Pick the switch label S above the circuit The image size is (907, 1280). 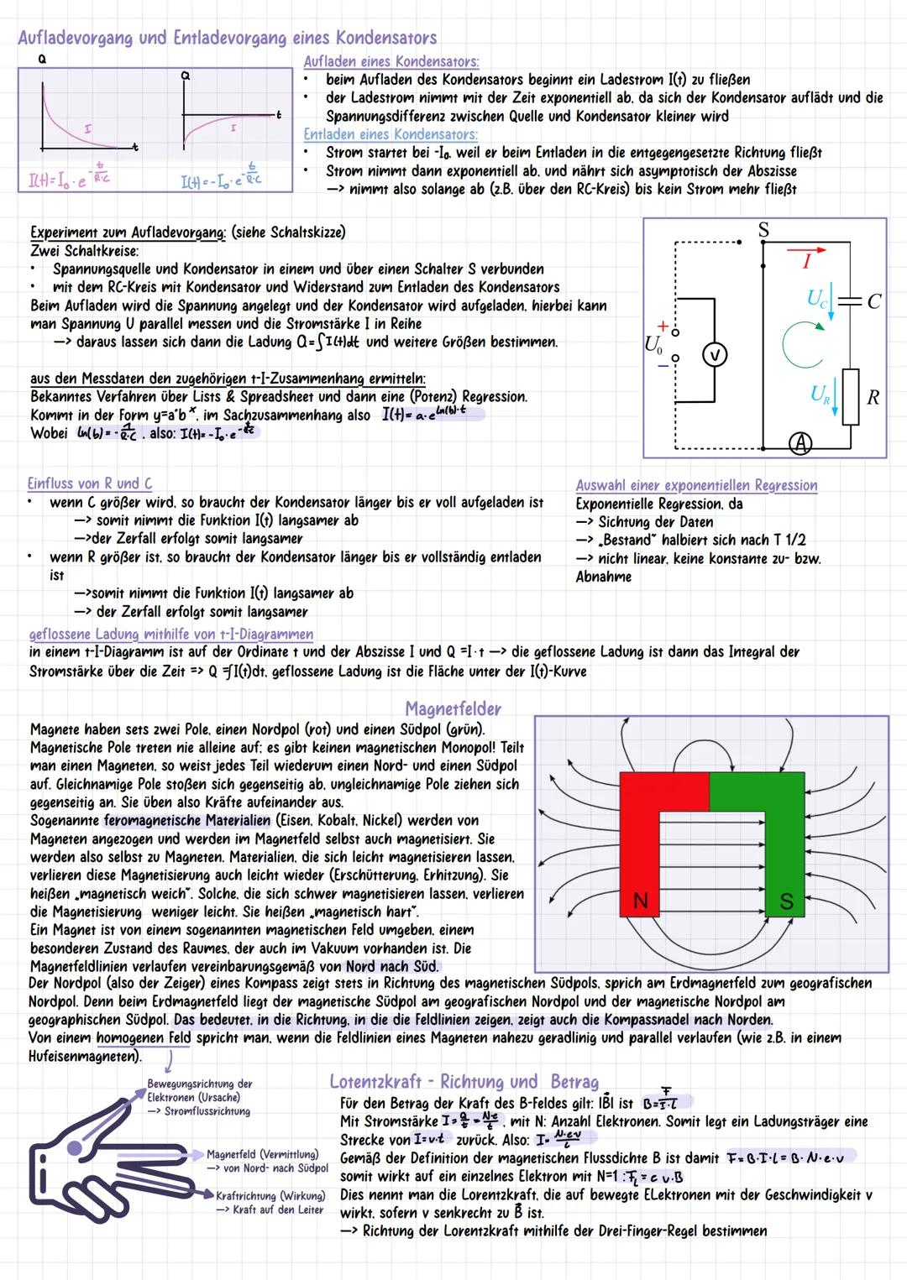(763, 230)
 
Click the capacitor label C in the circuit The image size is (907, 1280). (874, 301)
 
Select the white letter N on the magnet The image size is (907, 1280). (640, 901)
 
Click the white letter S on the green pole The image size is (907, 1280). (786, 901)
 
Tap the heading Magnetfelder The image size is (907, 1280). (453, 709)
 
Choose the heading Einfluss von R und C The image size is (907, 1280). (90, 483)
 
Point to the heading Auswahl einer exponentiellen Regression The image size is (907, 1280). (696, 485)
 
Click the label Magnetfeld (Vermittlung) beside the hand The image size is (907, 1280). (263, 1155)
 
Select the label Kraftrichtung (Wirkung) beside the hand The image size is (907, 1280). (270, 1196)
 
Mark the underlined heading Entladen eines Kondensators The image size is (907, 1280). (391, 134)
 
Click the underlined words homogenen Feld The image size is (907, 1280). (143, 1038)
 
